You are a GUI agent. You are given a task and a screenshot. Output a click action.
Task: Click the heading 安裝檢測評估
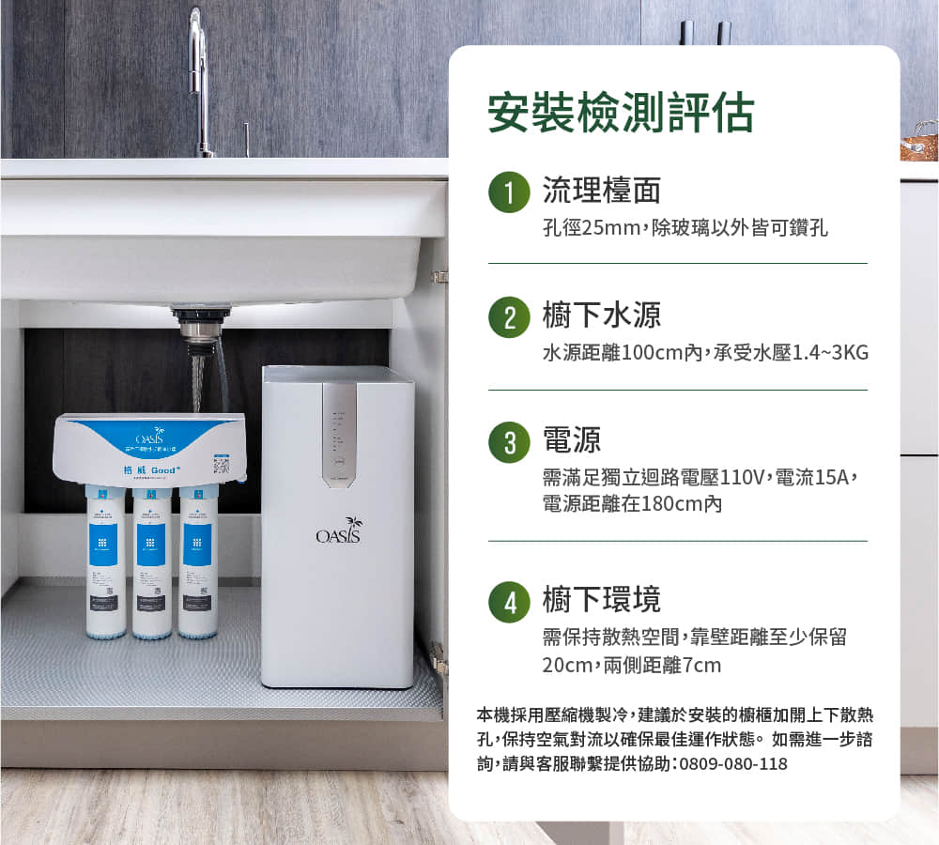[621, 114]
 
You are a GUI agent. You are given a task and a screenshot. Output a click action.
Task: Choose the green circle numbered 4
[508, 601]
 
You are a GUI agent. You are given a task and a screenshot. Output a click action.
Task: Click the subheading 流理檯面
[602, 191]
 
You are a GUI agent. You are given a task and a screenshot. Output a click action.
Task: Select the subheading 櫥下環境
[602, 600]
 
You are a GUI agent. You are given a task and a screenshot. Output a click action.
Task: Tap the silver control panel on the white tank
[339, 433]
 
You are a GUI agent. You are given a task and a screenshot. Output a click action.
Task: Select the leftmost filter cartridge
[105, 563]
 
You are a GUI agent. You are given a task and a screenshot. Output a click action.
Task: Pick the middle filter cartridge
[151, 563]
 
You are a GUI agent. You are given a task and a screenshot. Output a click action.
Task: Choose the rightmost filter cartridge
[197, 563]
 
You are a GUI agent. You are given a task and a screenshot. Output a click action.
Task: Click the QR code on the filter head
[222, 464]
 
